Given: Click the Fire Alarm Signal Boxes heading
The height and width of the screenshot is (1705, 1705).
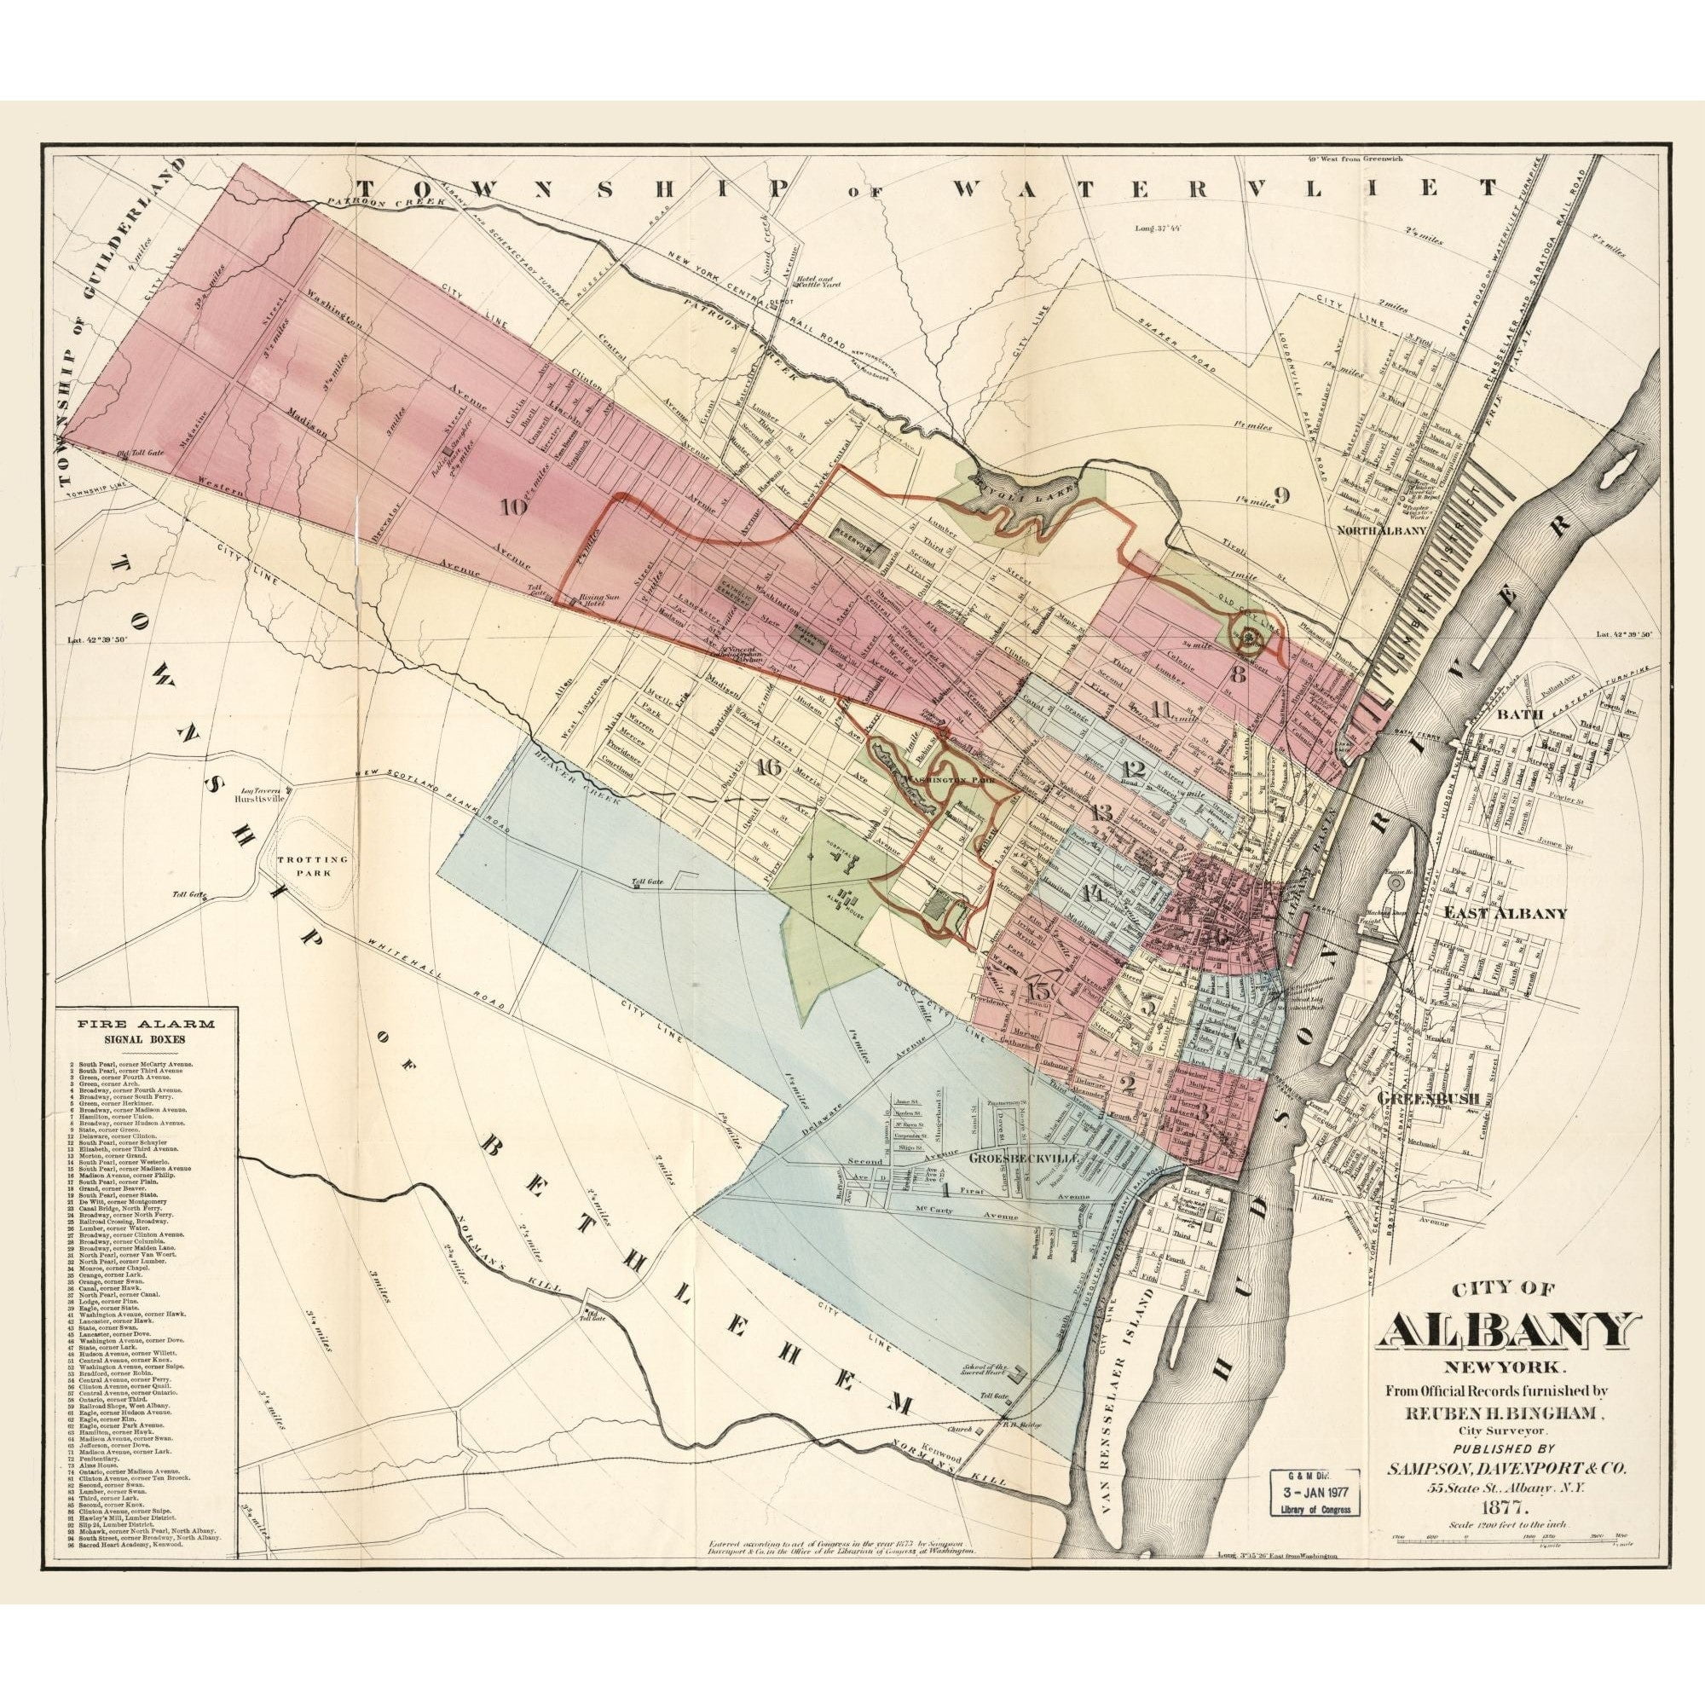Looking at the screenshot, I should click(x=146, y=1031).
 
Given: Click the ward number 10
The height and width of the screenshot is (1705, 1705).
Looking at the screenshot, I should click(x=512, y=507).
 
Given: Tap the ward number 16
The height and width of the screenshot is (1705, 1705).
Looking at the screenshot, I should click(x=768, y=767).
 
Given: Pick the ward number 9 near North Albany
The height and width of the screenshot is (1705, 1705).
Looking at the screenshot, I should click(x=1282, y=495).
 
